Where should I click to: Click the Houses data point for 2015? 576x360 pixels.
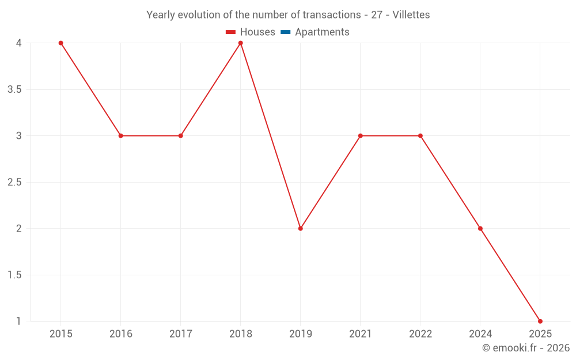click(60, 43)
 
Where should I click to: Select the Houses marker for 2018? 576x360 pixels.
click(241, 43)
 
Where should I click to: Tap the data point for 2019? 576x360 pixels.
click(301, 229)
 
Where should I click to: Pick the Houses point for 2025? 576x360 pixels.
click(540, 321)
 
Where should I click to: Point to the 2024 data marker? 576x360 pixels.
click(480, 229)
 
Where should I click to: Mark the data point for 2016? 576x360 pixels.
click(120, 136)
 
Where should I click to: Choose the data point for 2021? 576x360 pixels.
click(361, 136)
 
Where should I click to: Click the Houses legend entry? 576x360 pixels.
click(257, 32)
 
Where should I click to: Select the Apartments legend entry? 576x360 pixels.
click(322, 32)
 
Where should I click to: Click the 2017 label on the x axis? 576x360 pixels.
click(180, 334)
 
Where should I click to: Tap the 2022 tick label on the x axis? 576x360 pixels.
click(420, 334)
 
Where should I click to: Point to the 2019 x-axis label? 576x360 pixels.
click(301, 334)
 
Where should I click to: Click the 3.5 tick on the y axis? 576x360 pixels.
click(15, 90)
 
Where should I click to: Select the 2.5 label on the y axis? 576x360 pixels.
click(15, 183)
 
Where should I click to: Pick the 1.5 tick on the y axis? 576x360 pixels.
click(15, 275)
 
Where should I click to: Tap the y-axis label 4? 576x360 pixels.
click(19, 43)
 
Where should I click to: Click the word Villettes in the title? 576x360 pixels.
click(411, 15)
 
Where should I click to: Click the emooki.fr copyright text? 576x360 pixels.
click(526, 348)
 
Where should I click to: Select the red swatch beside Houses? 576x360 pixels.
click(231, 32)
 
